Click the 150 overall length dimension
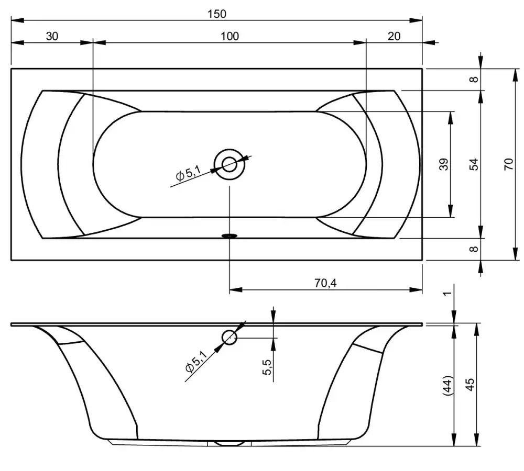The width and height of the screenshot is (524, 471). coord(217,14)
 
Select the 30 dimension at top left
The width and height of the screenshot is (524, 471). coord(52,36)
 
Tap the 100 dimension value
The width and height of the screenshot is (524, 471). coord(230,36)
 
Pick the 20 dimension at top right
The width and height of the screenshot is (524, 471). coord(394,36)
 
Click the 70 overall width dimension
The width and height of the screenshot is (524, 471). coord(508,164)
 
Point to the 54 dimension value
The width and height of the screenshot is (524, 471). coord(474,164)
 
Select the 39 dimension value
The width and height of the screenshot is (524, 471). coord(443,164)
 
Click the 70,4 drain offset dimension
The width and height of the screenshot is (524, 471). coord(325,283)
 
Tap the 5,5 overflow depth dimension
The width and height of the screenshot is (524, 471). coord(267,367)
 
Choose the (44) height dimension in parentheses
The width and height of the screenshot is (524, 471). coord(447,386)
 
